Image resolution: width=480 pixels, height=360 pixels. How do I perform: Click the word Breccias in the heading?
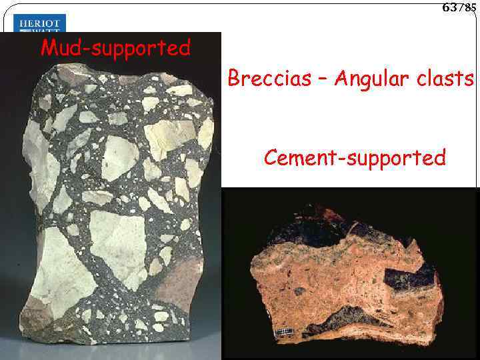tap(269, 79)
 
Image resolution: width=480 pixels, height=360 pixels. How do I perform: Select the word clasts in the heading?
tap(447, 79)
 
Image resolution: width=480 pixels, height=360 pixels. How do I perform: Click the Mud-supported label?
tap(115, 48)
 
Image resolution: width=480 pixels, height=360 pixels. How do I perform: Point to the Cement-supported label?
tap(354, 158)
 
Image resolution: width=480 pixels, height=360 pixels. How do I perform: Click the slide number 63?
tap(449, 7)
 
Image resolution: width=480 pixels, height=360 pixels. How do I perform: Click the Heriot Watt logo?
tap(39, 25)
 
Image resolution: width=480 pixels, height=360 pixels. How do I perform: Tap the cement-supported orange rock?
tap(350, 280)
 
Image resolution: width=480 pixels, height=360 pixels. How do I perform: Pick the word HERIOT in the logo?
tap(39, 21)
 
